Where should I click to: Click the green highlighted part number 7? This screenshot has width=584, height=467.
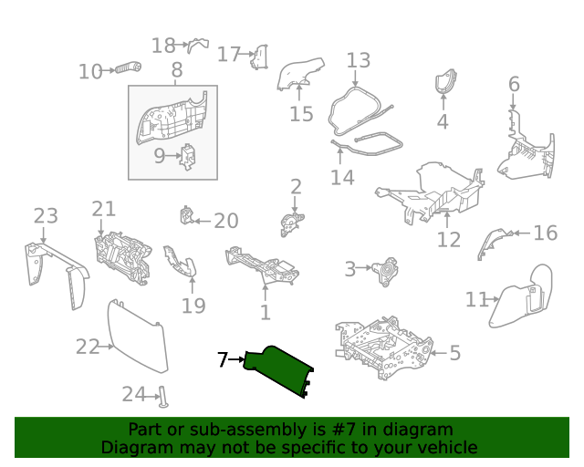[277, 369]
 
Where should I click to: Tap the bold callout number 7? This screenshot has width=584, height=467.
[223, 359]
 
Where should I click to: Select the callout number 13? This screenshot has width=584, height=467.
[359, 60]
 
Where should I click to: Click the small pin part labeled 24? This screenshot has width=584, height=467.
[163, 397]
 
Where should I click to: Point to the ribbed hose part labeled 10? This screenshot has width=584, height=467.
[128, 67]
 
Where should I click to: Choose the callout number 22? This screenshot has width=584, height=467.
[88, 347]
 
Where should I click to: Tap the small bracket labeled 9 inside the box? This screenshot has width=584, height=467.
[188, 157]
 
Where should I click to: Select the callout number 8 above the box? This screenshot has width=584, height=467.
[177, 69]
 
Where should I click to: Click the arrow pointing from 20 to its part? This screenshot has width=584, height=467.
[203, 222]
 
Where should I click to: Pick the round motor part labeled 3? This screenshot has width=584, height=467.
[385, 272]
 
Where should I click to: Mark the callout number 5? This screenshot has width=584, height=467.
[455, 352]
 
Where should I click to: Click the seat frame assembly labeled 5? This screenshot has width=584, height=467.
[383, 348]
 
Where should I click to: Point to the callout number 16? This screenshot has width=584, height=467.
[546, 233]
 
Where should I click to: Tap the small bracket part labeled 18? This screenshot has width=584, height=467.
[198, 45]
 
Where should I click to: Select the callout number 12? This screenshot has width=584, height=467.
[449, 240]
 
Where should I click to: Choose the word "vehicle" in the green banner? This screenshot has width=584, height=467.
[451, 447]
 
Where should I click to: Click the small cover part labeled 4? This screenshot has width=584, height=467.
[446, 81]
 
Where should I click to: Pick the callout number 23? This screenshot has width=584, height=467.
[46, 216]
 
